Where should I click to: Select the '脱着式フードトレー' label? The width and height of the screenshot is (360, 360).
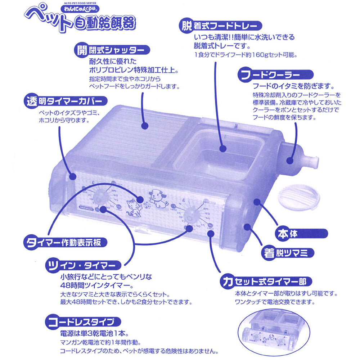point(221,26)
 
